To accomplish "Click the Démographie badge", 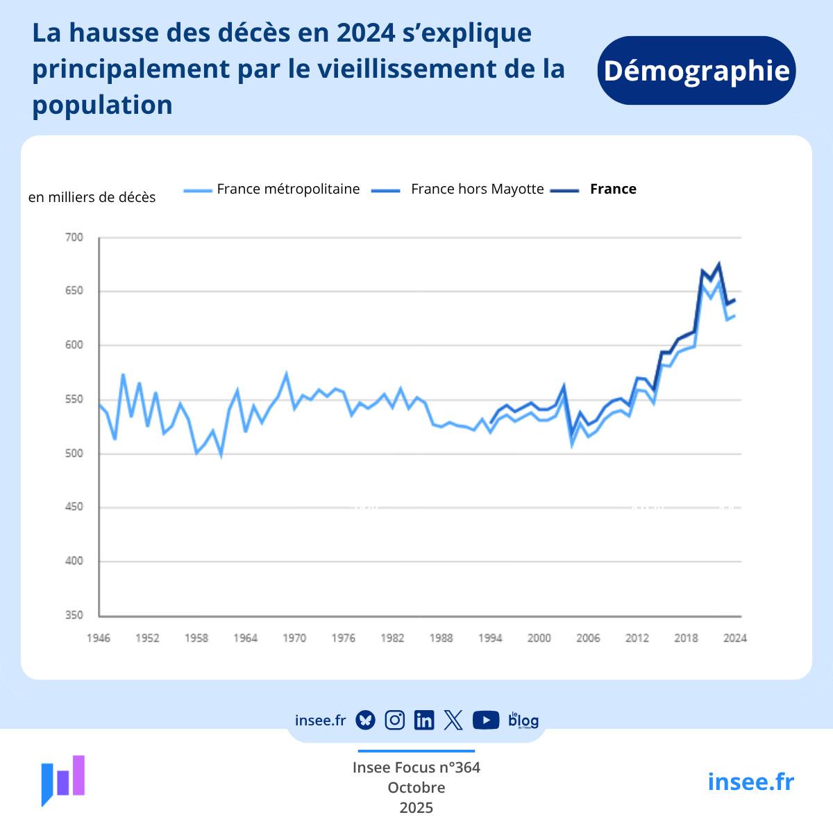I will coord(696,71).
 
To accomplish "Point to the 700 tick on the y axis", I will coord(74,237).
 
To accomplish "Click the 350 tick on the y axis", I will coord(74,615).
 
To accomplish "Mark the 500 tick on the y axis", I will coord(74,453).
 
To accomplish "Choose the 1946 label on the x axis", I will coord(99,638).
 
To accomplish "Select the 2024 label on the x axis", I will coord(735,638).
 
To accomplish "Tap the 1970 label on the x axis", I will coord(294,638).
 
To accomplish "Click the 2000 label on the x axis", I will coord(539,638).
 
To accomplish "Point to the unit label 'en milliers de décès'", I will coord(92,197).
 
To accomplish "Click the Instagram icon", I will coord(394,720).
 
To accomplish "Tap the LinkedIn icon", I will coord(423,720).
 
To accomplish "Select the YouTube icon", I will coord(486,720).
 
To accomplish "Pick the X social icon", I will coord(453,720).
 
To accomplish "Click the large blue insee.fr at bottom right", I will coord(750,782).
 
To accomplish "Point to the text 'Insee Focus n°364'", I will coord(416,767).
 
